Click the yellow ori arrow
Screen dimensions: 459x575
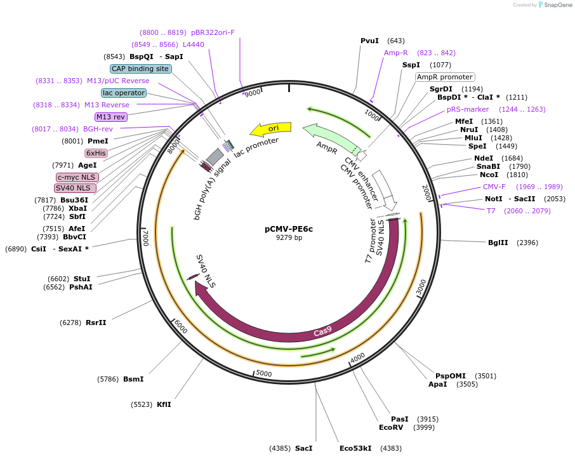click(271, 129)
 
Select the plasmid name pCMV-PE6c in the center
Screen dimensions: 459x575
click(289, 229)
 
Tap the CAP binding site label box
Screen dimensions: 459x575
click(140, 69)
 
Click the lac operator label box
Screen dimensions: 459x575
click(124, 93)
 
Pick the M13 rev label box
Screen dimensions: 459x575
click(111, 117)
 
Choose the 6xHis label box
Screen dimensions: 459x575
click(96, 153)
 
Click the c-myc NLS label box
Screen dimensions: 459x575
click(77, 177)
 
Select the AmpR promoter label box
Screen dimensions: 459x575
click(444, 77)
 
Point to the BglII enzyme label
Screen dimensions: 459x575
click(498, 243)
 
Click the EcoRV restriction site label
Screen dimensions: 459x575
click(391, 427)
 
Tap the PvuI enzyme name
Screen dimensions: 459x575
click(369, 41)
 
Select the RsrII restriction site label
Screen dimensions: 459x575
click(96, 323)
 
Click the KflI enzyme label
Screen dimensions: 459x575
click(164, 404)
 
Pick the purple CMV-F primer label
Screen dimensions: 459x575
click(494, 187)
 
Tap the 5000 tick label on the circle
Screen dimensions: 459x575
click(263, 373)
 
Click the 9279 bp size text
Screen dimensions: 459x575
click(289, 238)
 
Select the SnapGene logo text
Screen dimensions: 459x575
click(557, 5)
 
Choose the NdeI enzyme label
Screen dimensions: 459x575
click(483, 159)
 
